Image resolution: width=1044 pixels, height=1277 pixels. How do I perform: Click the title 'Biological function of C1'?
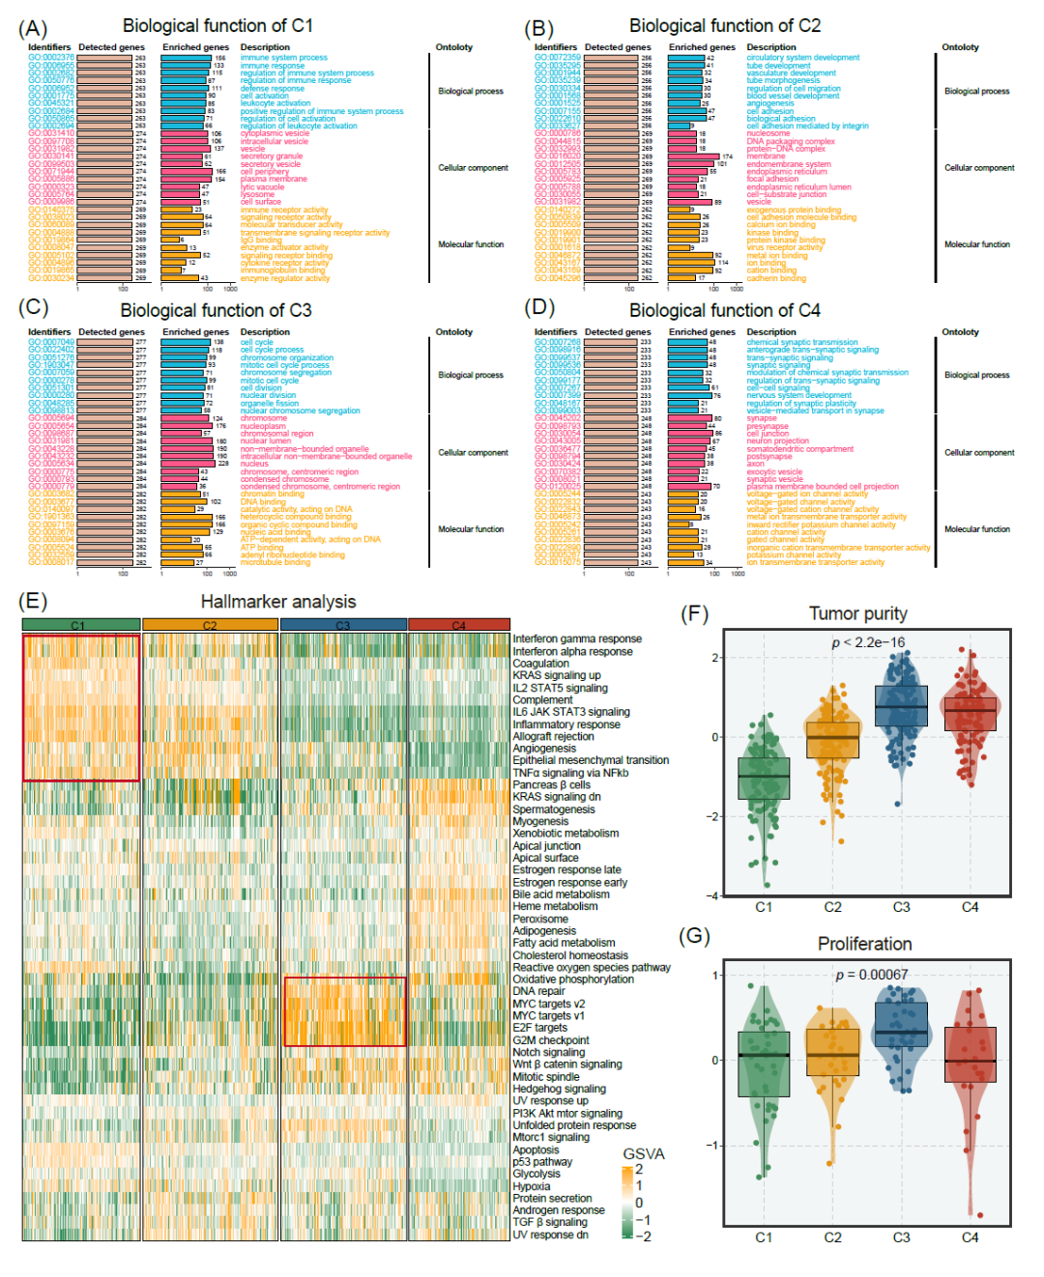[217, 26]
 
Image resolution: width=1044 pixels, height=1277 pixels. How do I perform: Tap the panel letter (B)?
[538, 28]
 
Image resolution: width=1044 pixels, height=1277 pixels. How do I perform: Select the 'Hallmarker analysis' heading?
[278, 602]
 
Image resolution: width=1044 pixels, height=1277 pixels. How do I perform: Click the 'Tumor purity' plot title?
[857, 614]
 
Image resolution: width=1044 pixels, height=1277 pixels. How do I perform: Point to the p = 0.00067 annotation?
[871, 975]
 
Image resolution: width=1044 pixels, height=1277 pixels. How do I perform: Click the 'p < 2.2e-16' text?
[868, 642]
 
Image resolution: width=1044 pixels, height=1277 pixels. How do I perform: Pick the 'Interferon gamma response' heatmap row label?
[577, 639]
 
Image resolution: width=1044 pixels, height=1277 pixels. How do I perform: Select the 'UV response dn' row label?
[550, 1234]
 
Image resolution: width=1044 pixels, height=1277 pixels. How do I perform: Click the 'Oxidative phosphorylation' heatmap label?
[573, 979]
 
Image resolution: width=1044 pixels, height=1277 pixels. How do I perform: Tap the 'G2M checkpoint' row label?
[551, 1040]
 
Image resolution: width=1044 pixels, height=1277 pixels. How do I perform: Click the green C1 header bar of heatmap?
[81, 626]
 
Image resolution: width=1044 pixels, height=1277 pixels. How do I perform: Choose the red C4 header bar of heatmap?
[459, 626]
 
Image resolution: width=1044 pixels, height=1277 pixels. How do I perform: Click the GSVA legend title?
[644, 1154]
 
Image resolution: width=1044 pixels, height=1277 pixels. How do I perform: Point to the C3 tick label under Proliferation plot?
[901, 1237]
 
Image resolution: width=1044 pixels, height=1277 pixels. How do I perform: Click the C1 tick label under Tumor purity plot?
[764, 907]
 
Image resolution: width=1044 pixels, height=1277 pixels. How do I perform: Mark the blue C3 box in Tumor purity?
[901, 706]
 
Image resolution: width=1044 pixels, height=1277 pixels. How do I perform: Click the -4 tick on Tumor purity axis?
[714, 895]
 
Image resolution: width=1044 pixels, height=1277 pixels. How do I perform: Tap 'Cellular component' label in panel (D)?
[979, 452]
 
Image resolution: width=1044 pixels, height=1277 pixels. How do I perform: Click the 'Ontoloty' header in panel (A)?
[454, 47]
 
